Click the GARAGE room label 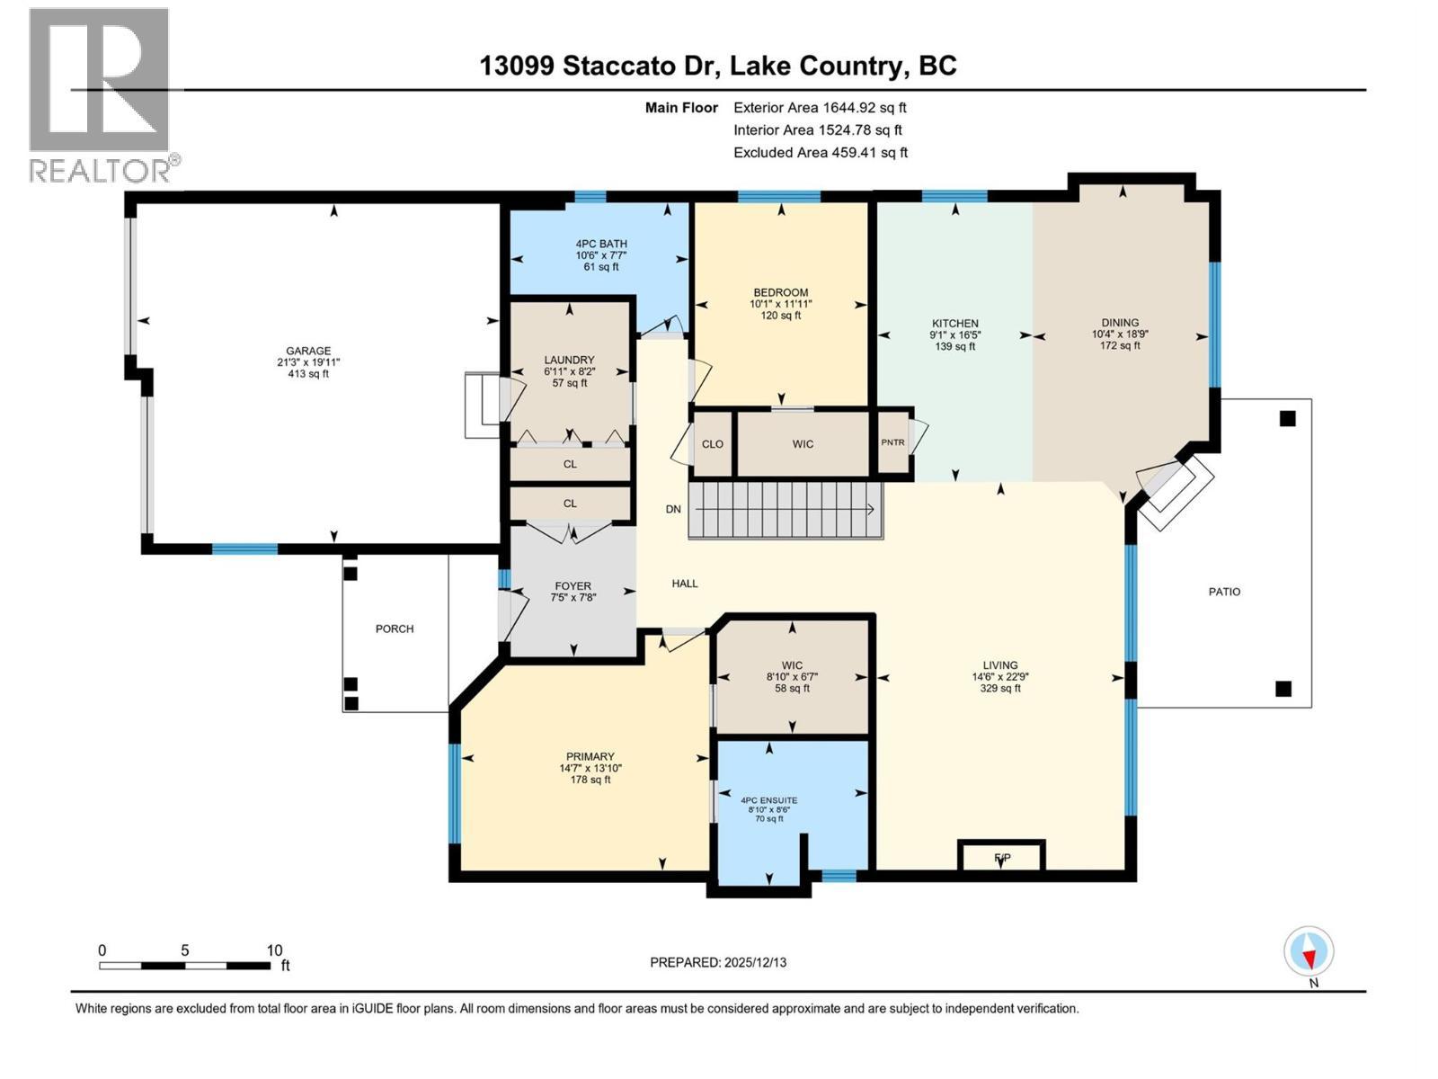(x=308, y=352)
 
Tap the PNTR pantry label (x=892, y=442)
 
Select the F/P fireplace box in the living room (x=1002, y=857)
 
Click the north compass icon (x=1309, y=952)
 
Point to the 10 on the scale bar (x=274, y=950)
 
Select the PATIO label (x=1224, y=592)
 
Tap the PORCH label (x=395, y=629)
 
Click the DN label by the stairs (x=673, y=509)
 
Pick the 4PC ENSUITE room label (x=768, y=800)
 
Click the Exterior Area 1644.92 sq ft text (x=820, y=108)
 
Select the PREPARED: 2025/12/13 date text (x=718, y=962)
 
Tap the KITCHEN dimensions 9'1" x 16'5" (x=954, y=334)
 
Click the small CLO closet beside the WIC (x=713, y=444)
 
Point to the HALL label (x=685, y=584)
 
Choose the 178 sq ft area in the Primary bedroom (x=590, y=780)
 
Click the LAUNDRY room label (x=569, y=360)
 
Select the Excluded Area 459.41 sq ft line (x=820, y=153)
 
